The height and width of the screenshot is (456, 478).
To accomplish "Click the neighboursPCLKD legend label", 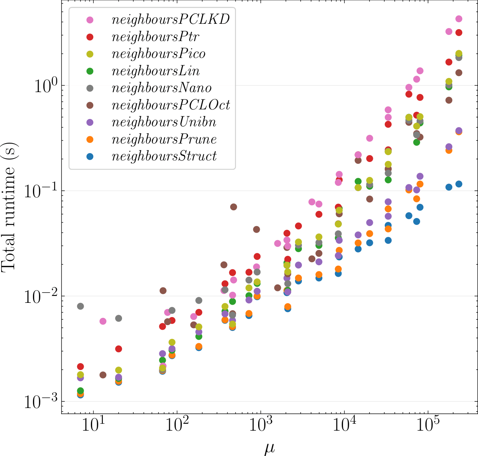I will click(170, 20).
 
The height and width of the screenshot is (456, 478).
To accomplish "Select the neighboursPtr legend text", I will click(155, 37).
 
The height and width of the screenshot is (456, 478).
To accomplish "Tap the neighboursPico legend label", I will click(158, 54).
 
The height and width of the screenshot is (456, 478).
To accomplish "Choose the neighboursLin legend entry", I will click(155, 71).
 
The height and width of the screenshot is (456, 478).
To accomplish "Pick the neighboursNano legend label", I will click(162, 88).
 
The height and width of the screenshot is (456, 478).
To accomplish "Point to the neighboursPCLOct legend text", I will click(171, 105).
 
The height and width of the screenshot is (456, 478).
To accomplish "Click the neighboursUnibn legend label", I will click(164, 122).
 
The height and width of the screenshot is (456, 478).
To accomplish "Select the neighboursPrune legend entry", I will click(164, 139).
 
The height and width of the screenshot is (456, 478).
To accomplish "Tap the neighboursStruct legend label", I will click(164, 156).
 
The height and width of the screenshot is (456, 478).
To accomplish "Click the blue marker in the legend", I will click(90, 156).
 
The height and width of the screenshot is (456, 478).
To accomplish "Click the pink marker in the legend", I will click(90, 20).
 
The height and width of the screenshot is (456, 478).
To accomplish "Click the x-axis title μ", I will click(270, 448).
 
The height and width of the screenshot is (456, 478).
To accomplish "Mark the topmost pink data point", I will click(458, 19).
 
